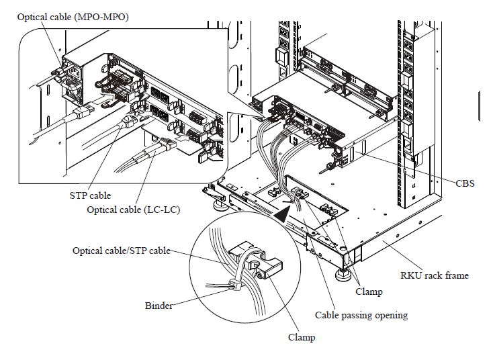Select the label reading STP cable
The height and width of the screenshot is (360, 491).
90,195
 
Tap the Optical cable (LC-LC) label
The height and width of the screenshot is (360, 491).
134,210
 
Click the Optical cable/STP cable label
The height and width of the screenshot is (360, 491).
121,251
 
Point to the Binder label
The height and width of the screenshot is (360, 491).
159,306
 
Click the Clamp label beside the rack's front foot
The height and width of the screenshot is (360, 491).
368,291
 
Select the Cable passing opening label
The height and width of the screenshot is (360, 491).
361,314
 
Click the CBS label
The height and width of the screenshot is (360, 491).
465,183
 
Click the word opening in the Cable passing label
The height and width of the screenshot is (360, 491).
389,314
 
